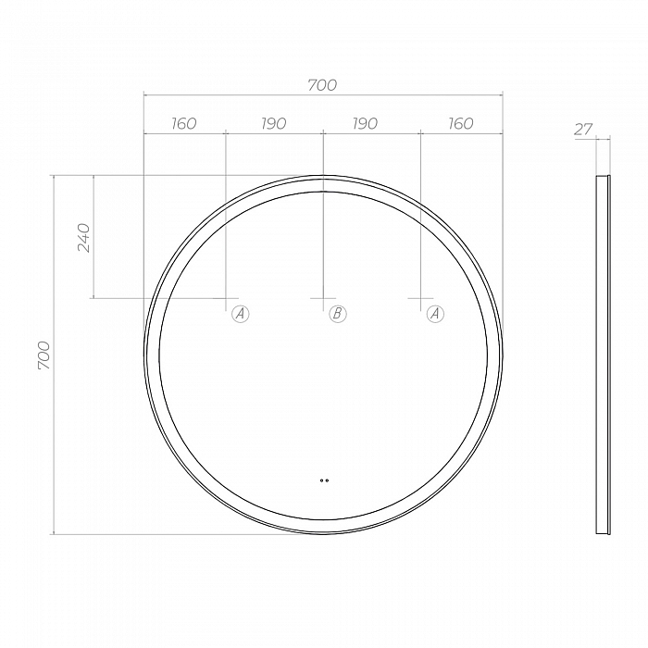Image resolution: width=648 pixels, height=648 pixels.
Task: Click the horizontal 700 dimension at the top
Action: [322, 85]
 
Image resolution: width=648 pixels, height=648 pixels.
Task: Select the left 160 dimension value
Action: [184, 123]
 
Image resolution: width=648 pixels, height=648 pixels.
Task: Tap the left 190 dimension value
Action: [274, 123]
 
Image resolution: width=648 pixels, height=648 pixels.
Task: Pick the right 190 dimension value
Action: [365, 123]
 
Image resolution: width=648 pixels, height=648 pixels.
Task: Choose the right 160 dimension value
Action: [461, 123]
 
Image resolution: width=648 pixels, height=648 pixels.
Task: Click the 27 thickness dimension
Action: [583, 130]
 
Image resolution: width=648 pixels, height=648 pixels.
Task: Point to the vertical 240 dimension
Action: [83, 238]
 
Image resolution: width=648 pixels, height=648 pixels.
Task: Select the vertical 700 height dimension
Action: [44, 355]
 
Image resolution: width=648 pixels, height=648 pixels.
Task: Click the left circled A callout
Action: [240, 314]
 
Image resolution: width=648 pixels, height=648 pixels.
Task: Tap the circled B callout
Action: [338, 314]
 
